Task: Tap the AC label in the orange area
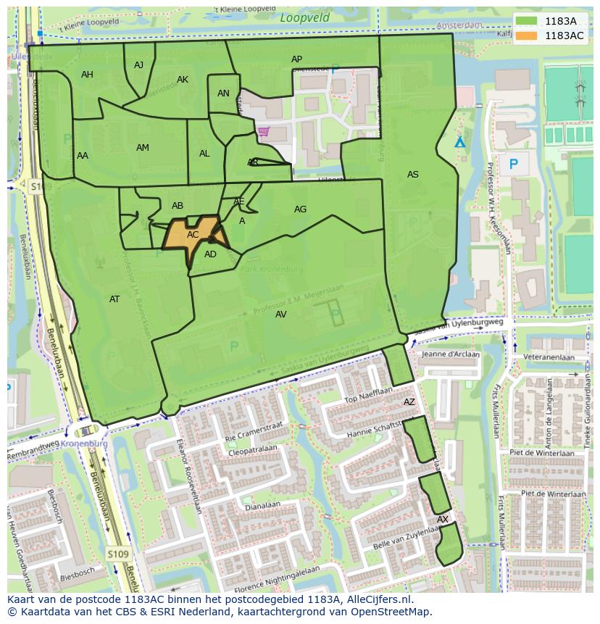click(193, 235)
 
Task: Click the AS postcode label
click(412, 175)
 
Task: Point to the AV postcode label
click(281, 315)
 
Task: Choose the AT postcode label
click(114, 299)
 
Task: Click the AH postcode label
click(87, 75)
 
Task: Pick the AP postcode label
click(296, 59)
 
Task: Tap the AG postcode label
click(300, 209)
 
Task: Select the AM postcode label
click(143, 148)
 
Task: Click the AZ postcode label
click(409, 402)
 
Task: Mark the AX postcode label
click(443, 520)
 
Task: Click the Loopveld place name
click(304, 18)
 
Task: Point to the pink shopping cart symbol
click(262, 131)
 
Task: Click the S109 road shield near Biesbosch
click(118, 554)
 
